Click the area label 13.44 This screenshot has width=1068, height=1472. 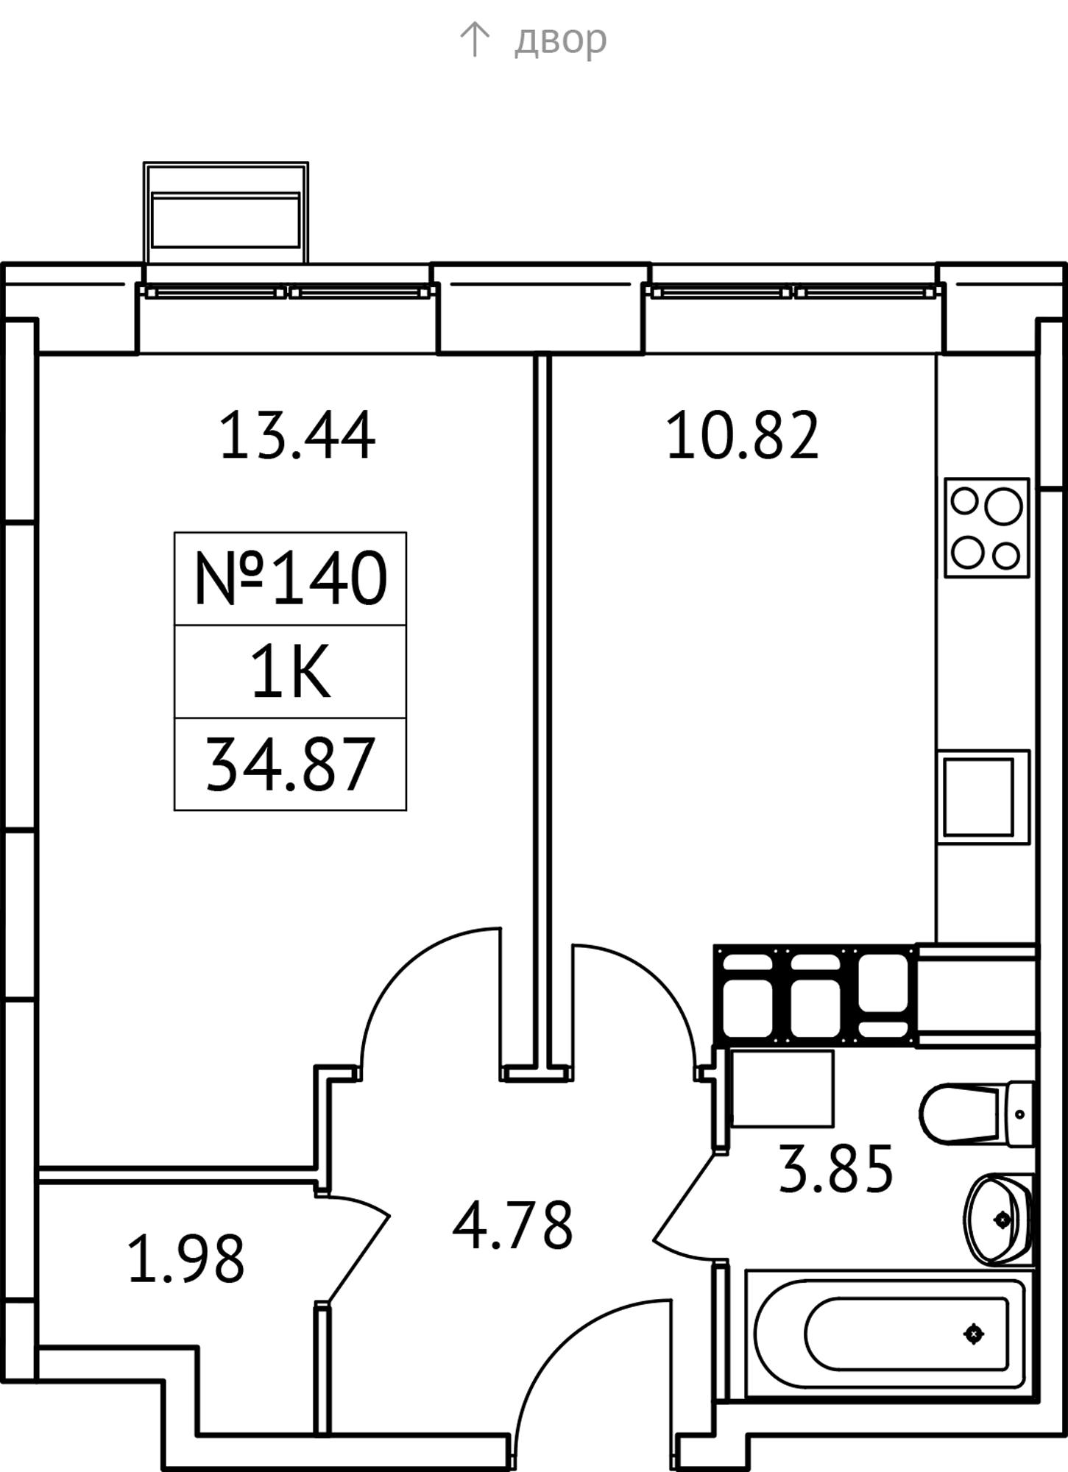[297, 436]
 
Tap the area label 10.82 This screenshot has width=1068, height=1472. [742, 436]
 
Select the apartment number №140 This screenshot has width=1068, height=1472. [290, 578]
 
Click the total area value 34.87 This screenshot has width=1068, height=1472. [290, 765]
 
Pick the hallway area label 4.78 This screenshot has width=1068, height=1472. [512, 1225]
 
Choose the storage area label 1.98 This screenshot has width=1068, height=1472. [185, 1259]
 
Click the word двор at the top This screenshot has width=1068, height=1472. [560, 39]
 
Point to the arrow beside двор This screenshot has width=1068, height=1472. [475, 39]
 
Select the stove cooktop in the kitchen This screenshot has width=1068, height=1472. [986, 528]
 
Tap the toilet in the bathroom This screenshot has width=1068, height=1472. [976, 1114]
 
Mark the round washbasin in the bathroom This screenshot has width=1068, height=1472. [997, 1220]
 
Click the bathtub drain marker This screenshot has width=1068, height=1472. [974, 1334]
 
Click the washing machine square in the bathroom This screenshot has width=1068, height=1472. [782, 1089]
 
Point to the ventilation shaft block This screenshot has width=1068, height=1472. [816, 994]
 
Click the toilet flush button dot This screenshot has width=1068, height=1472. [1019, 1114]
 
